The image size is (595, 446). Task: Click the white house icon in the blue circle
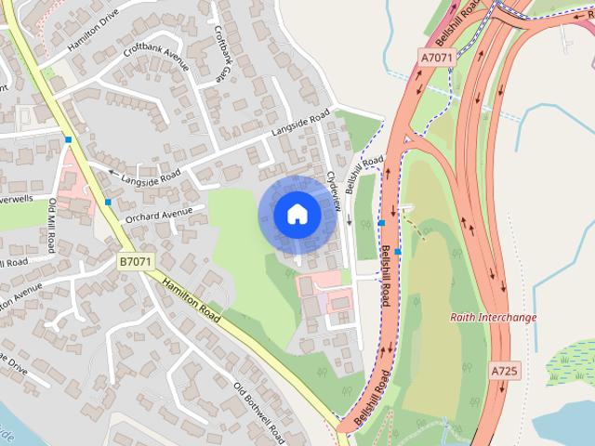[x=297, y=214]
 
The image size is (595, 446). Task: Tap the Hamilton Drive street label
[x=93, y=30]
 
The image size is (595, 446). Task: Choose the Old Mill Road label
[x=54, y=226]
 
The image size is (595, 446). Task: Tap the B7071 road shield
[x=135, y=263]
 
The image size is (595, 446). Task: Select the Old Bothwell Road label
[x=259, y=409]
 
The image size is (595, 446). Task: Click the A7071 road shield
[x=436, y=59]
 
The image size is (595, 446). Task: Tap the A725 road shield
[x=503, y=370]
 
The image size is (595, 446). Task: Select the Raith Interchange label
[x=493, y=318]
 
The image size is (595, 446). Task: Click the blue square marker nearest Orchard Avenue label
[x=109, y=201]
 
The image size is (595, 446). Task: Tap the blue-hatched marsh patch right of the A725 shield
[x=571, y=359]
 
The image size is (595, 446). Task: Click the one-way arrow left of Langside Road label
[x=112, y=173]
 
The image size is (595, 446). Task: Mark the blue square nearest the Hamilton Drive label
[x=68, y=139]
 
